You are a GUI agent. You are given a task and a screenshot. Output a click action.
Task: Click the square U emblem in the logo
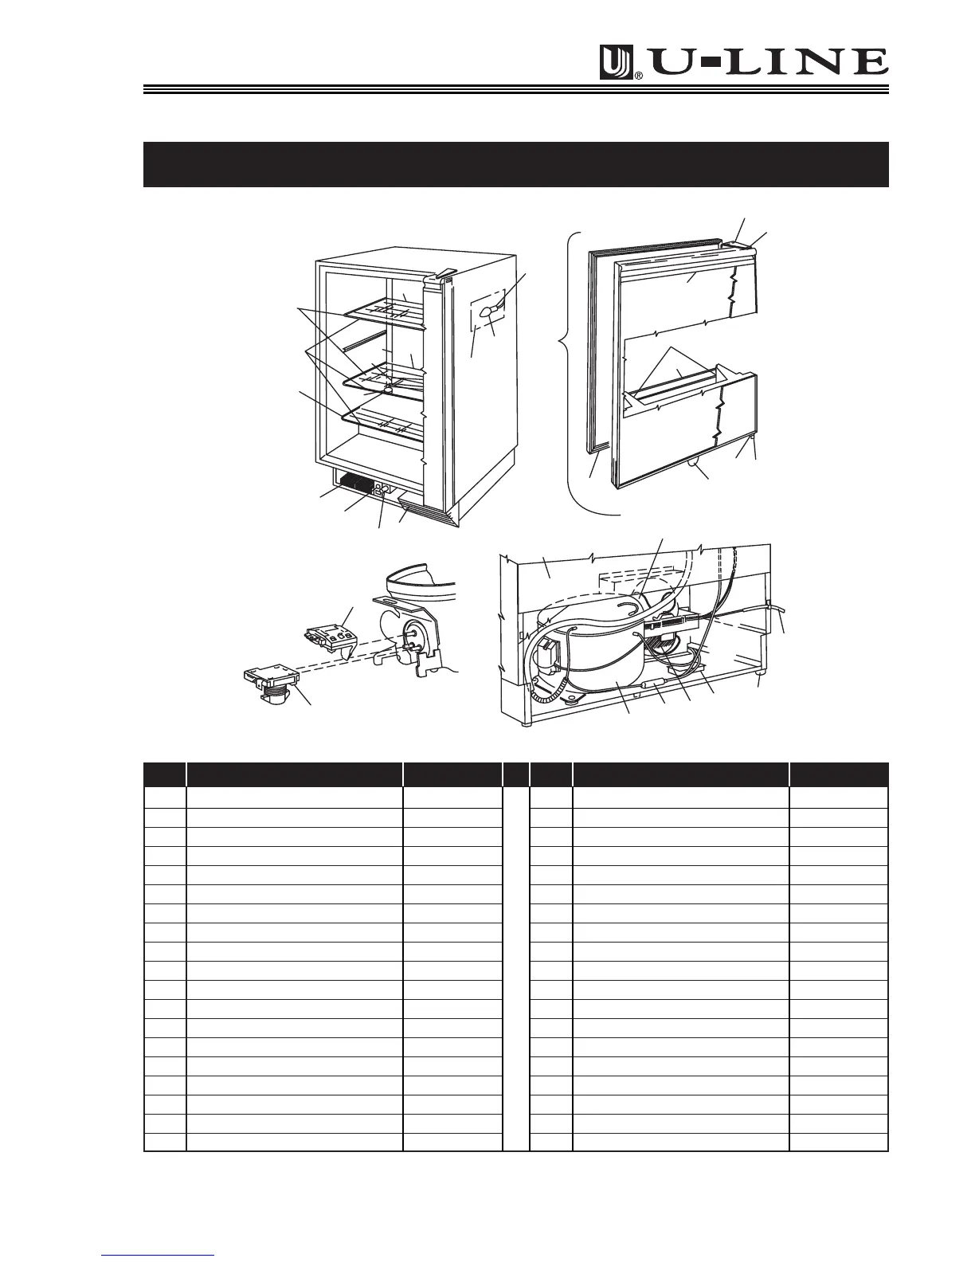click(x=617, y=63)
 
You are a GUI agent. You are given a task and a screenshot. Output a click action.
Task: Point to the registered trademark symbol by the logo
click(x=639, y=76)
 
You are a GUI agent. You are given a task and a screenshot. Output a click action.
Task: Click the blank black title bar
click(x=515, y=164)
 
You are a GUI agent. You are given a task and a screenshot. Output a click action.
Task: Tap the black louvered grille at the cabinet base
click(x=354, y=483)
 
